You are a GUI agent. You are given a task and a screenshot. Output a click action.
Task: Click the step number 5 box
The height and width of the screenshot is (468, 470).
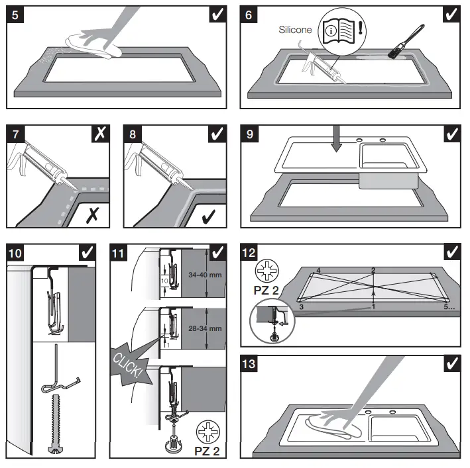click(x=15, y=14)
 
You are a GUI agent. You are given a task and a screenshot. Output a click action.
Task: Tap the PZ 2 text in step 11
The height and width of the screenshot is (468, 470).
click(x=207, y=451)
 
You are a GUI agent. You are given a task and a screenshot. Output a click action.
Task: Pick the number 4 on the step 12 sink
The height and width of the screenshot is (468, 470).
click(x=319, y=270)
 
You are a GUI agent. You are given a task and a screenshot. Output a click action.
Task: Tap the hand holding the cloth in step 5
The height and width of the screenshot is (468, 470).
click(x=96, y=44)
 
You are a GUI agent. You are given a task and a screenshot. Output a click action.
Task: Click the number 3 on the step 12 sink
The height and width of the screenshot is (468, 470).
click(x=301, y=308)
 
